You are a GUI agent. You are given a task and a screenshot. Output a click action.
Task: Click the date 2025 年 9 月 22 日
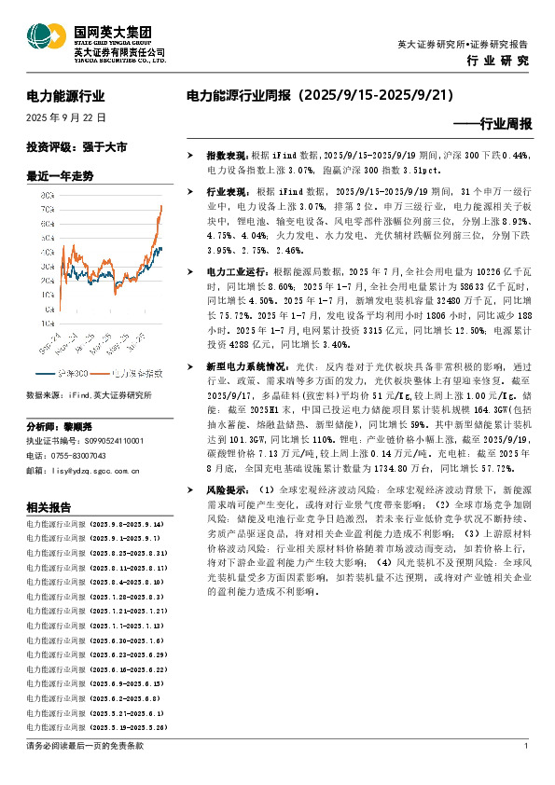[x=66, y=118]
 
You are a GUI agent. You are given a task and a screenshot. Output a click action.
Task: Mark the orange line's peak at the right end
[x=160, y=205]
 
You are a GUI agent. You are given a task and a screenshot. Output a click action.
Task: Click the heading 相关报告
[x=49, y=508]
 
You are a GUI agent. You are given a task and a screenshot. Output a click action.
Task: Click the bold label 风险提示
[x=226, y=489]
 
